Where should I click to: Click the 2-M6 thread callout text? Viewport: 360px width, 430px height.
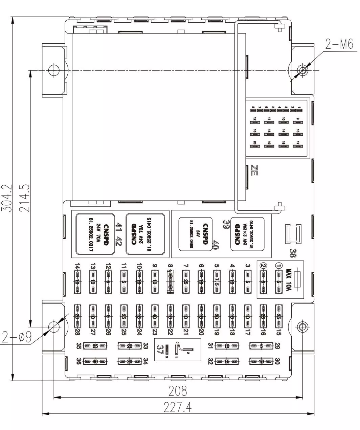[x=339, y=44]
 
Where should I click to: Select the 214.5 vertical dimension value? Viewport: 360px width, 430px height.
[x=24, y=198]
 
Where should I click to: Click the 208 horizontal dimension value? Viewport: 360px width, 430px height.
[x=178, y=391]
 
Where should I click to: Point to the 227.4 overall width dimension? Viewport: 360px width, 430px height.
[x=178, y=407]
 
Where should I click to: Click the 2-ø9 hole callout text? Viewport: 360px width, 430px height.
[x=16, y=337]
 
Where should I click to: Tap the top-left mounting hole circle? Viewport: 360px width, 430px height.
[x=52, y=70]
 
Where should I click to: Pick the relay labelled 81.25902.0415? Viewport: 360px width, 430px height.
[x=145, y=234]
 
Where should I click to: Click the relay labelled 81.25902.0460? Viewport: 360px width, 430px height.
[x=196, y=234]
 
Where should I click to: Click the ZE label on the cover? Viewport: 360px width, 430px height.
[x=254, y=171]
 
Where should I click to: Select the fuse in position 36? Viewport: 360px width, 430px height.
[x=95, y=361]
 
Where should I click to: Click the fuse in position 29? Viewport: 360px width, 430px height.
[x=261, y=346]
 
